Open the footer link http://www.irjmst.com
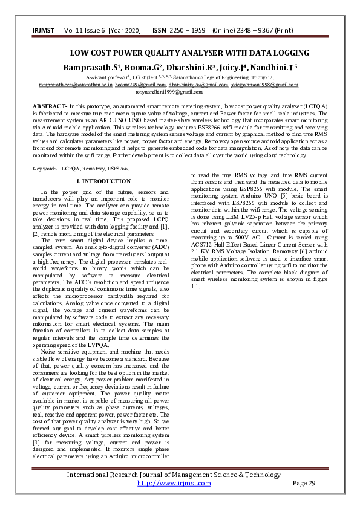[x=174, y=484]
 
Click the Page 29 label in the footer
[x=304, y=484]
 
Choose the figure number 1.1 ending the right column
[x=195, y=286]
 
